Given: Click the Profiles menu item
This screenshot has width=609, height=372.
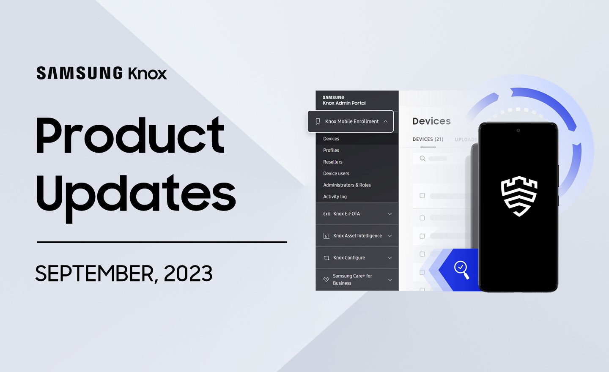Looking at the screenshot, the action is tap(331, 150).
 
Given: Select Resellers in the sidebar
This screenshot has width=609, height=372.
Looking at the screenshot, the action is tap(332, 162).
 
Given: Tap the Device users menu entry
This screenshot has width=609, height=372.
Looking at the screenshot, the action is tap(336, 173).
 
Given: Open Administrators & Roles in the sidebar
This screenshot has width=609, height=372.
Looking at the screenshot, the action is tap(347, 185).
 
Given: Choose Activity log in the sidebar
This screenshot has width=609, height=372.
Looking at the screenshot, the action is tap(335, 197).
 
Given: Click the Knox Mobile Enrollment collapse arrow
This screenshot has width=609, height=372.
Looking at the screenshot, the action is tap(386, 121).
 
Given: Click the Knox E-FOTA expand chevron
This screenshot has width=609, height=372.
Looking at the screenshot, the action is tap(390, 214).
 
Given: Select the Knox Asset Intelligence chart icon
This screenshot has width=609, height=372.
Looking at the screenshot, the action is tap(326, 236).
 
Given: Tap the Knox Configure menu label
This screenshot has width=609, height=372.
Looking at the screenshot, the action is tap(349, 257).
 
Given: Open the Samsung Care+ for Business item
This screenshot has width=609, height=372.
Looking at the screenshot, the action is tap(352, 279).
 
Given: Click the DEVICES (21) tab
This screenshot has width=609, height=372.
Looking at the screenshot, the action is tap(428, 139).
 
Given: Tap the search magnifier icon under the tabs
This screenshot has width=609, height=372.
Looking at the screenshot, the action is tap(422, 159).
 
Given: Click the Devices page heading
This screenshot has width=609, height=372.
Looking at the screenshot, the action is tap(431, 121).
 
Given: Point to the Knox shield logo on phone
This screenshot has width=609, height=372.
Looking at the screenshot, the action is tap(519, 196).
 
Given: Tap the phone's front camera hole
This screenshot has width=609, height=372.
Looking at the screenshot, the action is tap(518, 131).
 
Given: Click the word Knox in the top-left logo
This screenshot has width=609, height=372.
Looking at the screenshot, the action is tap(147, 73).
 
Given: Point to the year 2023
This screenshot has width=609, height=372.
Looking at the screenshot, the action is tap(188, 274).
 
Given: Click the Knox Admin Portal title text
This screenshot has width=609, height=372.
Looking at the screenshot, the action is tap(344, 103).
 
